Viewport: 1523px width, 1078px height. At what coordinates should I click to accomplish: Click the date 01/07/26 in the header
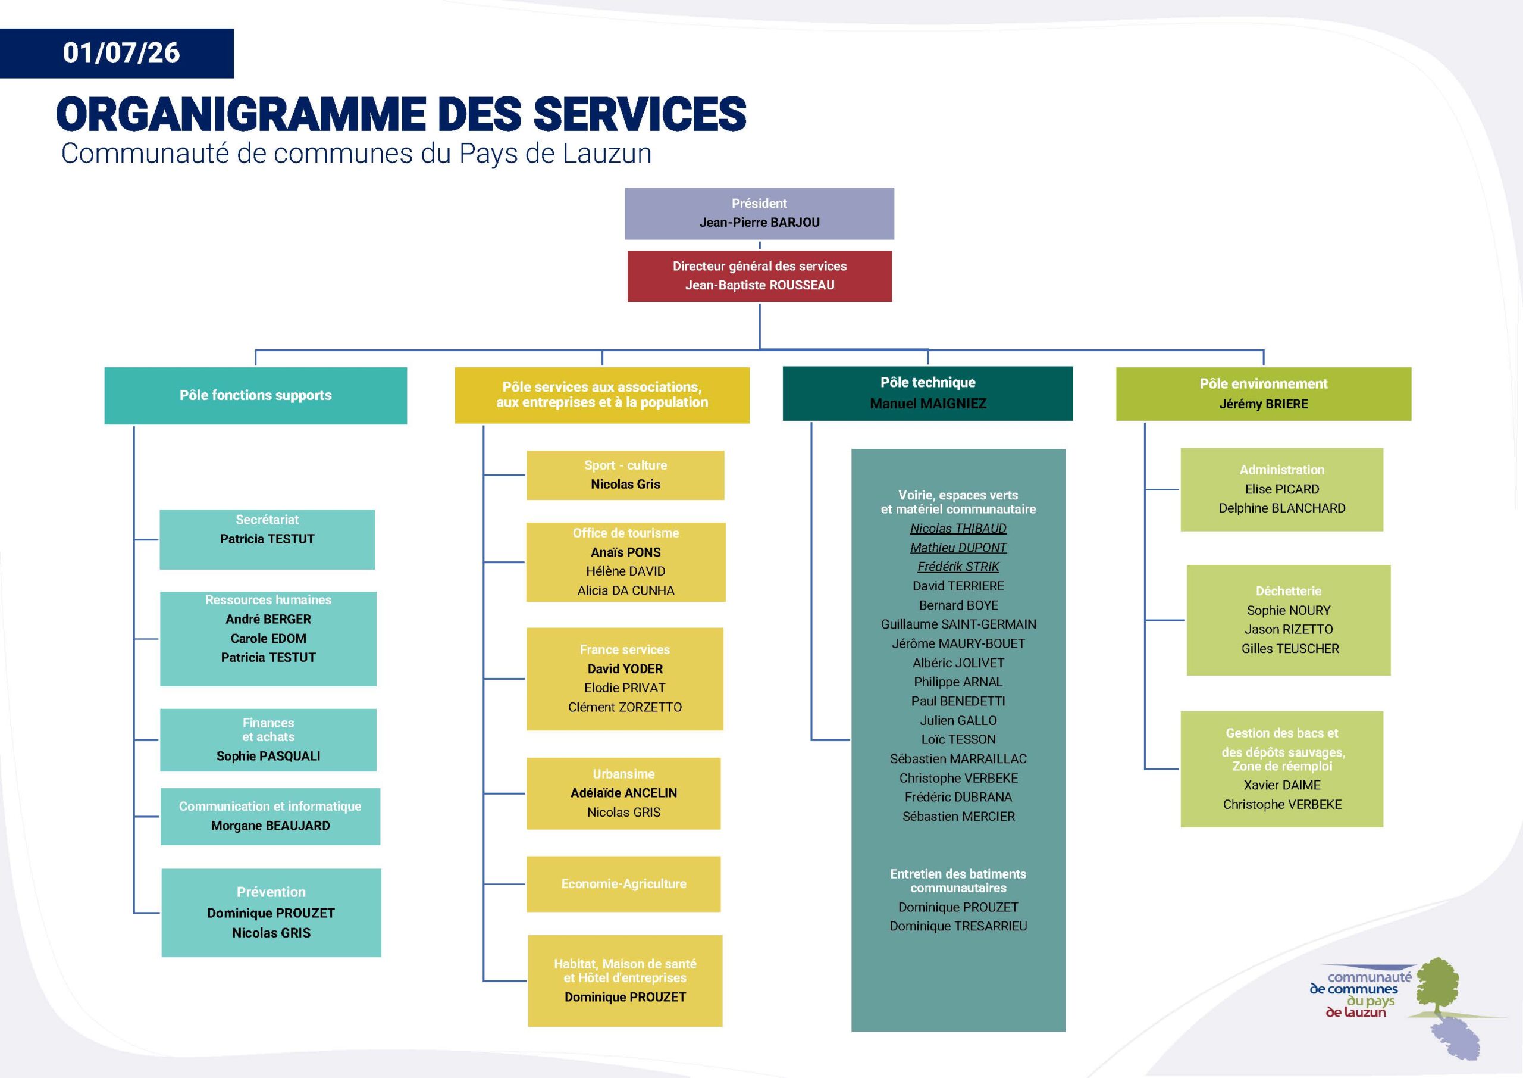point(121,53)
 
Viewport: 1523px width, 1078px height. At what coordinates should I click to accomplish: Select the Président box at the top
point(759,213)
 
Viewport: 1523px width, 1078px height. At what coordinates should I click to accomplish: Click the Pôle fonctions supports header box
point(255,396)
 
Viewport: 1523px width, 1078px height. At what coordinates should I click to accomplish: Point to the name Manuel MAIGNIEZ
point(928,404)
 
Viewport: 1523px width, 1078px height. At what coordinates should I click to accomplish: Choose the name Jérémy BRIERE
point(1264,404)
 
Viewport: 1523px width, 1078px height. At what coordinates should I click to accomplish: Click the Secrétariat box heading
point(267,520)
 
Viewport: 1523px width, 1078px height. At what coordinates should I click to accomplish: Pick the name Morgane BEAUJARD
point(270,826)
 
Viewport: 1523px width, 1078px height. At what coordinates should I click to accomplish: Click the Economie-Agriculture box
point(623,883)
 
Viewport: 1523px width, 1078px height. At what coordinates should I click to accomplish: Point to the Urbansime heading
point(623,774)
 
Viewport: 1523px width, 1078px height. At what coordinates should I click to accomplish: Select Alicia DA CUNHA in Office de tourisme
point(625,590)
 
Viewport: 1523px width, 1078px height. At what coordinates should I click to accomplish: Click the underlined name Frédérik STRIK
point(958,567)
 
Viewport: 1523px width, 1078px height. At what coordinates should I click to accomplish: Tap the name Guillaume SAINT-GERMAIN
point(958,624)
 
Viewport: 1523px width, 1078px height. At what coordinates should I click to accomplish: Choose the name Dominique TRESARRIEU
point(958,926)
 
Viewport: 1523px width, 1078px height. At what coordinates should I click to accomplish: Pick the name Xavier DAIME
point(1281,785)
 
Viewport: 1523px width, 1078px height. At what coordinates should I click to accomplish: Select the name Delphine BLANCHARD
point(1281,508)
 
